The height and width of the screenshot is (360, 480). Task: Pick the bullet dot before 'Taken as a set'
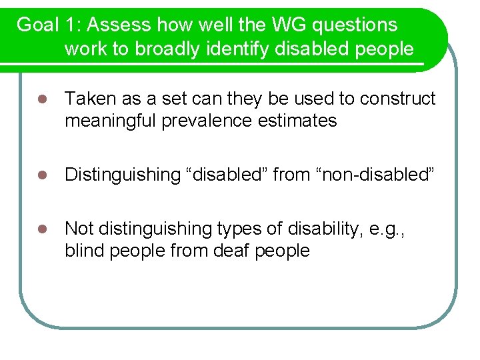41,100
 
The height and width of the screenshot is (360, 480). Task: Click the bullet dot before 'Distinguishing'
41,175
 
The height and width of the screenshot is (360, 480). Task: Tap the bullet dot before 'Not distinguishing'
41,229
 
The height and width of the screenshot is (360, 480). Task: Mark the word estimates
304,121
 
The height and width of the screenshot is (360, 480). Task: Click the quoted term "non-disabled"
377,175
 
